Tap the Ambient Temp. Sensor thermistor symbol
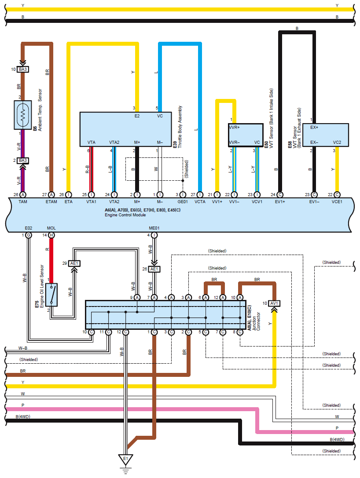point(23,115)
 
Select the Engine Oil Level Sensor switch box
point(51,295)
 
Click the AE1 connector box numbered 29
point(74,263)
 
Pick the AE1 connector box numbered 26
point(154,269)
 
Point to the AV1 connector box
point(274,303)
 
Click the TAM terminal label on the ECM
point(23,201)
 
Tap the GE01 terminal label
point(183,201)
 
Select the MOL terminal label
point(51,228)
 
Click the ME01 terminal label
point(154,228)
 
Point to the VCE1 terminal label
point(337,201)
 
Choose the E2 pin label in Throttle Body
point(137,116)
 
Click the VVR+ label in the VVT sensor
point(234,128)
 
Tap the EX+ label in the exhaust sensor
point(314,128)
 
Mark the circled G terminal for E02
point(28,235)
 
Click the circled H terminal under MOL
point(51,235)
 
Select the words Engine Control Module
point(125,215)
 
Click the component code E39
point(175,145)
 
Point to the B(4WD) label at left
point(23,417)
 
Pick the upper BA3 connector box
point(23,69)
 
